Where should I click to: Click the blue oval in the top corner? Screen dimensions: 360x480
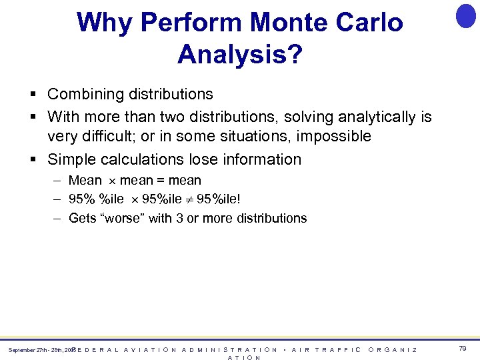[x=466, y=15]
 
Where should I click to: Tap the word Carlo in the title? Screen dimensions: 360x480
[x=371, y=23]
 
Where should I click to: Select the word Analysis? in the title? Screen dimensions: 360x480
[x=240, y=55]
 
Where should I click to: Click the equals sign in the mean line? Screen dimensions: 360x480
[x=160, y=181]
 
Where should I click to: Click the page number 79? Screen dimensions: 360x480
[x=462, y=349]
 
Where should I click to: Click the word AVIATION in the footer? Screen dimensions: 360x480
[x=149, y=349]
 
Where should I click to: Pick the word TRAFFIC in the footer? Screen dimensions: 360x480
[x=338, y=349]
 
